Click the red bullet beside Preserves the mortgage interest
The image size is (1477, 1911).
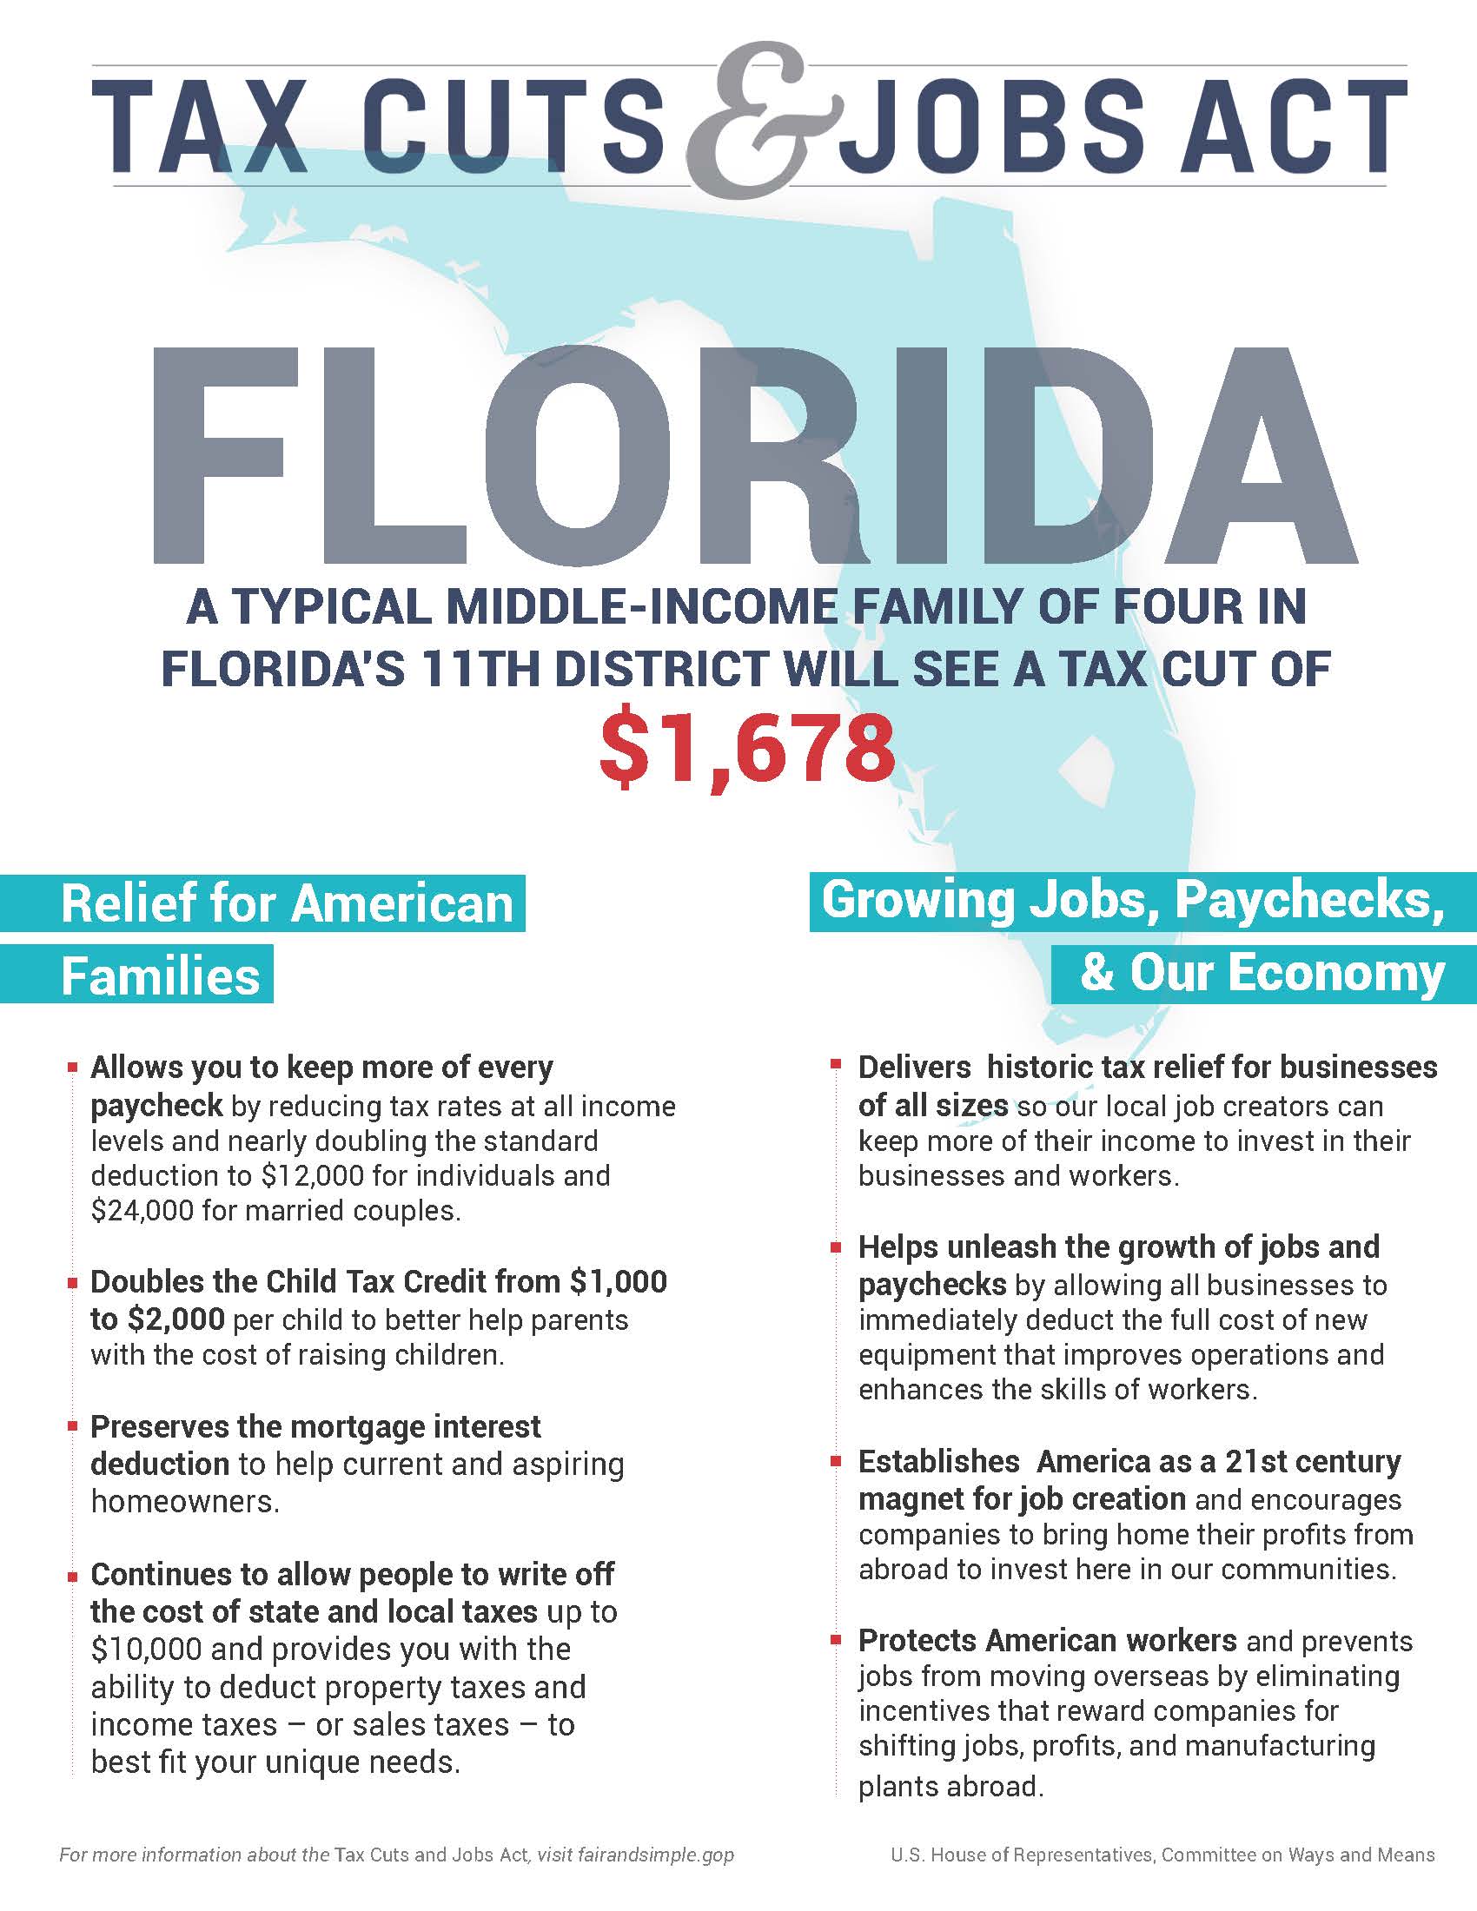(72, 1426)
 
